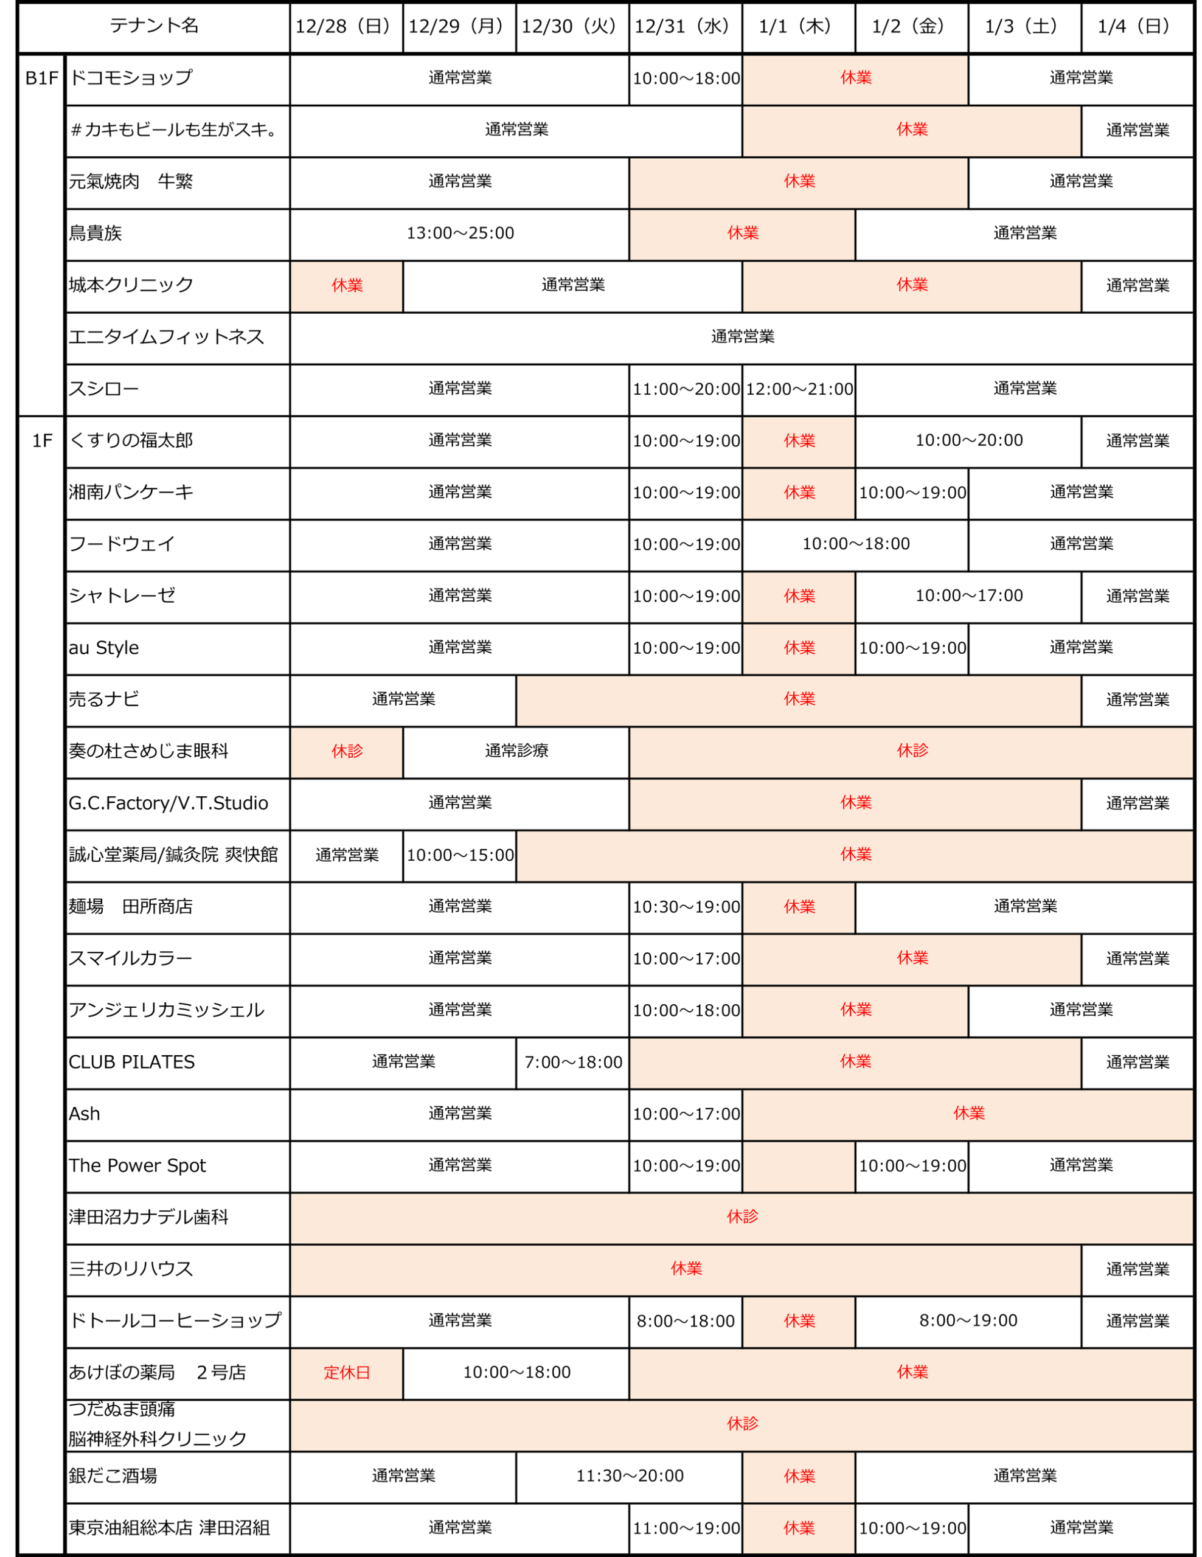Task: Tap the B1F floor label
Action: coord(41,78)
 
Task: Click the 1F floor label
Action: coord(41,440)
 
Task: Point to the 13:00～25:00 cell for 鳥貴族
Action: coord(460,233)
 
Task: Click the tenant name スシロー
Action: coord(104,389)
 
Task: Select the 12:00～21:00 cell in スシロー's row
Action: coord(799,389)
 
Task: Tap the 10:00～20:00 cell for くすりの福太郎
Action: coord(968,440)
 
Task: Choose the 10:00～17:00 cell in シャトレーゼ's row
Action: coord(968,595)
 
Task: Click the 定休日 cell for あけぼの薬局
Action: coord(347,1372)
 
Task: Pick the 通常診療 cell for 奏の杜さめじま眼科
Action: coord(516,751)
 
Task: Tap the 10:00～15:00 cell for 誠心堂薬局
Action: coord(460,855)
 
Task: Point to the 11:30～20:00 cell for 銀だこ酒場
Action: coord(629,1476)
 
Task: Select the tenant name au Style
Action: coord(104,647)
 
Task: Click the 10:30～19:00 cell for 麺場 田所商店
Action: coord(686,906)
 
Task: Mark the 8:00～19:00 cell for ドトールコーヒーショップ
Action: coord(968,1320)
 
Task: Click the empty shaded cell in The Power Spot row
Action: coord(799,1165)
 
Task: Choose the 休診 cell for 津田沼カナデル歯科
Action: coord(742,1216)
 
